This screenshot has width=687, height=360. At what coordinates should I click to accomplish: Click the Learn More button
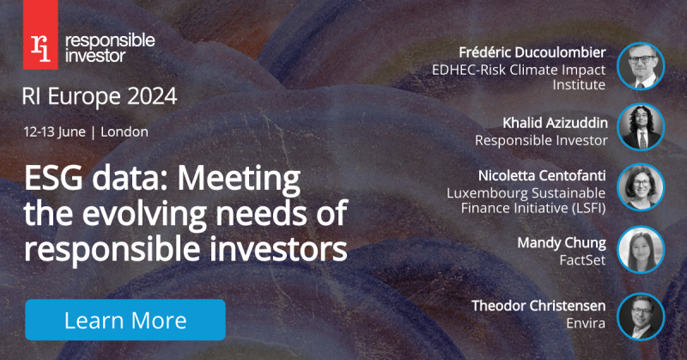(125, 320)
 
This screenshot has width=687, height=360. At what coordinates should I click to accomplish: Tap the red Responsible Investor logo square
(40, 34)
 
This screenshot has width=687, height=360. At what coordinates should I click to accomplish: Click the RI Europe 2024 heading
(100, 96)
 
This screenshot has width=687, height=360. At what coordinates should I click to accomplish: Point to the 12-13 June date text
(55, 132)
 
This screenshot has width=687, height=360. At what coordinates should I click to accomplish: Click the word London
(125, 132)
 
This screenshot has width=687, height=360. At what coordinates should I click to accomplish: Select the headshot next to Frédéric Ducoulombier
(641, 66)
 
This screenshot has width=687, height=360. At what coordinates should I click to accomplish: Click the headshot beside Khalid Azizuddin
(641, 127)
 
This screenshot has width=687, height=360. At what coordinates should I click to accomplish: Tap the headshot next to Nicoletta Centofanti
(641, 187)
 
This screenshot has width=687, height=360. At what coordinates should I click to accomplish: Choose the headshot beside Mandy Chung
(641, 250)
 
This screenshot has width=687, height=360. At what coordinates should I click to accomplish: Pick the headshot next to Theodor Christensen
(641, 316)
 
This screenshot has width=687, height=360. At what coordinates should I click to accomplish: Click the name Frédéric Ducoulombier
(532, 52)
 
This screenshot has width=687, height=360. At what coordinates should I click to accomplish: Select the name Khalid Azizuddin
(555, 123)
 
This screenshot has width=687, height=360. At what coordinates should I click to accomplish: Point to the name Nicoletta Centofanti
(542, 176)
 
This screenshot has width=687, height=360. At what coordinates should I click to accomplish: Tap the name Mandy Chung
(562, 243)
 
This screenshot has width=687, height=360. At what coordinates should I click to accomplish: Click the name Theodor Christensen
(538, 306)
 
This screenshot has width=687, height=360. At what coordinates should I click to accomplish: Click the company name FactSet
(582, 260)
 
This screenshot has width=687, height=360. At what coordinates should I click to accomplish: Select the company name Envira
(586, 323)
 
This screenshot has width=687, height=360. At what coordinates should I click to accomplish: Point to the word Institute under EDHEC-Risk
(579, 84)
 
